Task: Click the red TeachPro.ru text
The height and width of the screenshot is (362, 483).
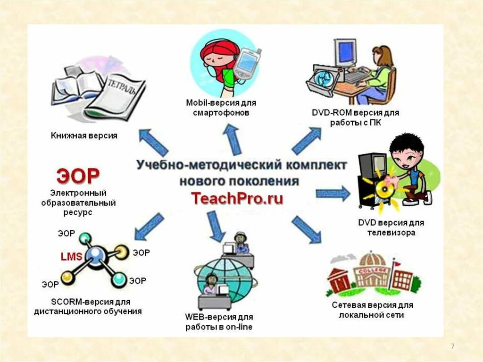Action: point(237,198)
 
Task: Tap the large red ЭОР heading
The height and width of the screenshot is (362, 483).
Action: point(78,177)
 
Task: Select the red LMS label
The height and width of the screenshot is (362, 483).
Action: point(71,257)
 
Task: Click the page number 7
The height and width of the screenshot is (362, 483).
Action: point(453,347)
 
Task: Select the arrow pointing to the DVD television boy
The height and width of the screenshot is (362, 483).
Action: point(333,193)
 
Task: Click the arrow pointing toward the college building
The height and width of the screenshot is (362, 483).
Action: point(306,229)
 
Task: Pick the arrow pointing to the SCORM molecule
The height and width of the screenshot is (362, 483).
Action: point(149,227)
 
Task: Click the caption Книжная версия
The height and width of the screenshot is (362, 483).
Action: point(84,136)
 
